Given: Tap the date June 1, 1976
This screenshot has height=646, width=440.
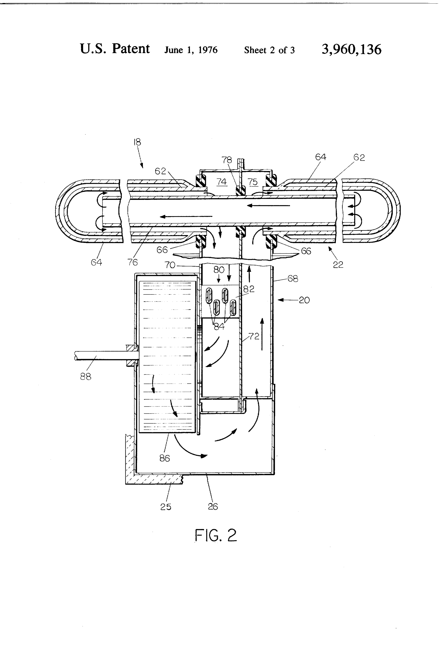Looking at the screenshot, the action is coord(191,50).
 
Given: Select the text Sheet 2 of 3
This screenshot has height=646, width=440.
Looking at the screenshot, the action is coord(269,50).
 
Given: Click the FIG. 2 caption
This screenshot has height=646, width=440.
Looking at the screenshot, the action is coord(216,535).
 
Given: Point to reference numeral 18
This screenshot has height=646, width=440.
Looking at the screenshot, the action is coord(137,142).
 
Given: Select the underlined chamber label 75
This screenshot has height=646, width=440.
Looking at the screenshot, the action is coord(253,182).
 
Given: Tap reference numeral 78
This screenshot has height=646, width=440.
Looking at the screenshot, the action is coord(227,160).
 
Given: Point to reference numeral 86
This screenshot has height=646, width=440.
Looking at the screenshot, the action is coord(165,458).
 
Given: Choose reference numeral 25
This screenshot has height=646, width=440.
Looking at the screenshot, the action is coord(166,507).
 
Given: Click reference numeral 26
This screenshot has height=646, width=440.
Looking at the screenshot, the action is coord(213,506).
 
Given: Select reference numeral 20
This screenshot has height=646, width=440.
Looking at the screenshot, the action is coord(304,300).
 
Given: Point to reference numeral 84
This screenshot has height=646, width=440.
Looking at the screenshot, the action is coord(219,326).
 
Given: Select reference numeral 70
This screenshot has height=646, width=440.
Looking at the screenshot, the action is coord(170,265).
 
